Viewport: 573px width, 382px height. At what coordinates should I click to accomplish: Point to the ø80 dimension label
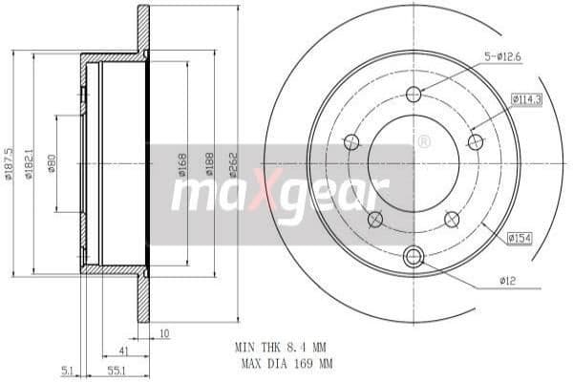pyautogui.click(x=53, y=163)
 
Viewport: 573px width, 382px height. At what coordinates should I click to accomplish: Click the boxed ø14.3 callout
pyautogui.click(x=526, y=98)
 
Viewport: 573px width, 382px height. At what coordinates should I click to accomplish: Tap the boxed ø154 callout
pyautogui.click(x=520, y=238)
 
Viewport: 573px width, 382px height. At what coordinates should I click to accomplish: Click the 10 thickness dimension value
pyautogui.click(x=164, y=334)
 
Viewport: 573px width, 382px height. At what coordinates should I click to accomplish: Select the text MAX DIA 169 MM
pyautogui.click(x=283, y=364)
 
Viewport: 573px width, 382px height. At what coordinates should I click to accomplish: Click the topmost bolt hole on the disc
pyautogui.click(x=414, y=94)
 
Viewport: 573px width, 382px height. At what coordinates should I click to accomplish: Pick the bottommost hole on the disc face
pyautogui.click(x=414, y=256)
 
